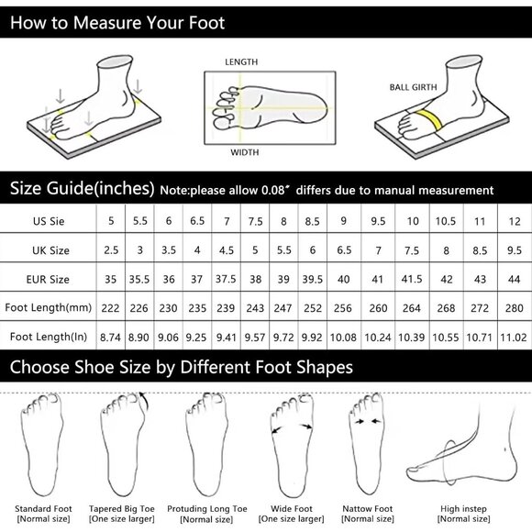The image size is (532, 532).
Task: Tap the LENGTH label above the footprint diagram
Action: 241,62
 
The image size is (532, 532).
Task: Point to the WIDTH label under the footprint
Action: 243,153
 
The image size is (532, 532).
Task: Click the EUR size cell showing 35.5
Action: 141,277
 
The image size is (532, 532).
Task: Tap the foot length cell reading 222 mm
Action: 113,306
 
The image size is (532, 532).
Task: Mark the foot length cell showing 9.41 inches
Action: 226,336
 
